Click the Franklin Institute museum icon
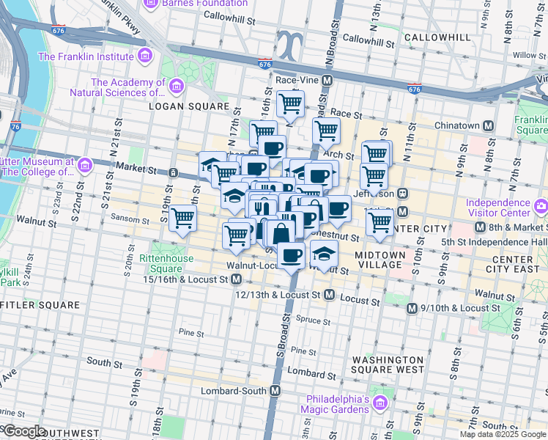145,56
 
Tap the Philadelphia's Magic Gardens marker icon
380,403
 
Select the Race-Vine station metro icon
327,80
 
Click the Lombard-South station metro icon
275,391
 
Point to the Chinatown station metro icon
487,125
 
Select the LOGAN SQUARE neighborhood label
189,106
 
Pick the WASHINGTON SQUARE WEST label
388,364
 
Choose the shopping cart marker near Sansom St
182,217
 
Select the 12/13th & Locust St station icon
329,295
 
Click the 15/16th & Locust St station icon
237,279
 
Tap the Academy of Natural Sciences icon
176,88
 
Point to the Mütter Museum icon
85,166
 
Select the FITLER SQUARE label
40,304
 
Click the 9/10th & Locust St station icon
412,309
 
